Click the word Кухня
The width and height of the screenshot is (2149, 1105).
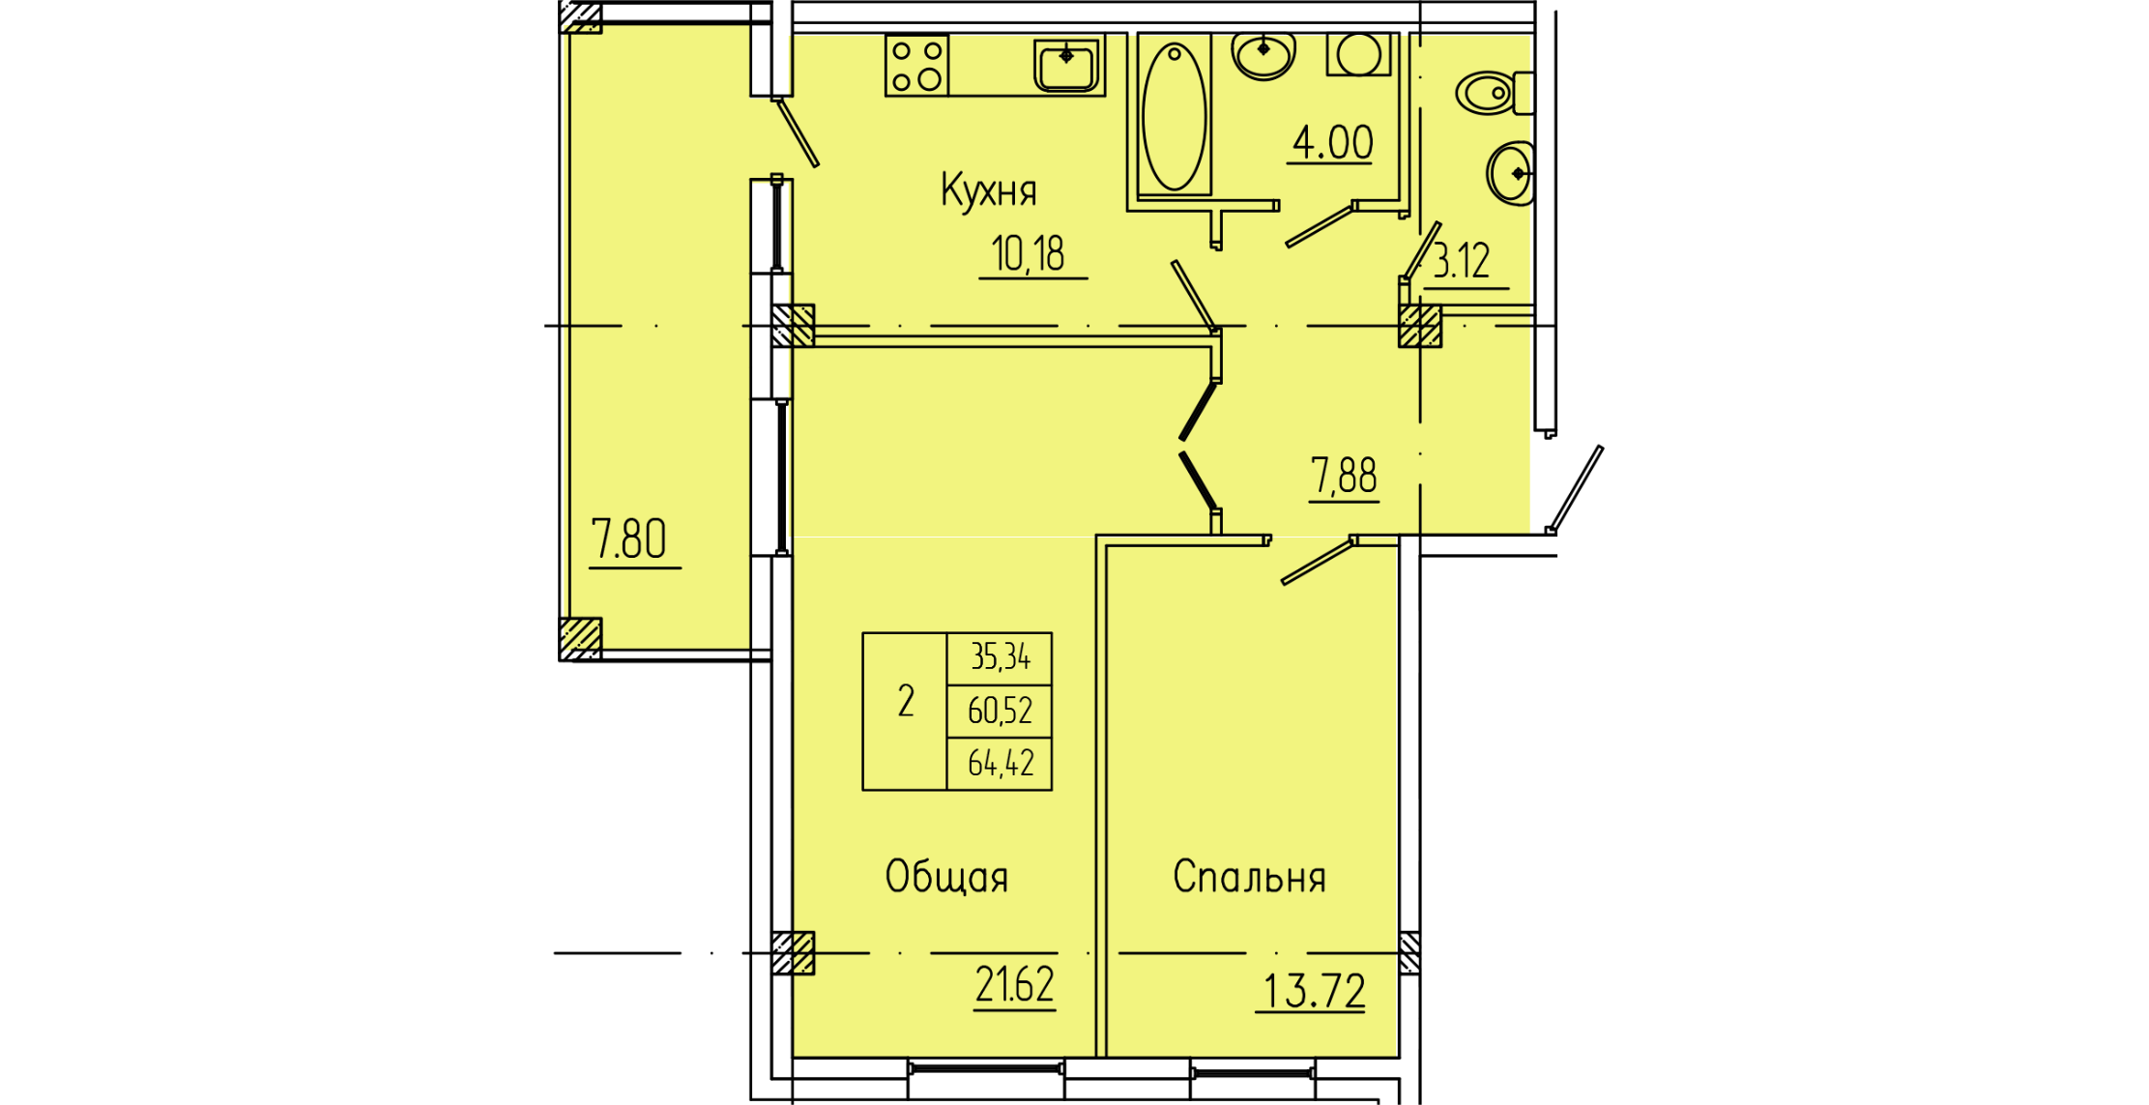tap(988, 190)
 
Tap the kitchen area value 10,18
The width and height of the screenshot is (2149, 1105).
tap(1029, 254)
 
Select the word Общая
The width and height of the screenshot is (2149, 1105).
tap(946, 877)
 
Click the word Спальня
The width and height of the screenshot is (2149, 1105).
tap(1249, 877)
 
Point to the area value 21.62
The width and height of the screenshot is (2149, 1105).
tap(1014, 985)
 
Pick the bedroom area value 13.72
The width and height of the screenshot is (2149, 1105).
tap(1313, 991)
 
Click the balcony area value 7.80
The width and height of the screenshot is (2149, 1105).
tap(628, 539)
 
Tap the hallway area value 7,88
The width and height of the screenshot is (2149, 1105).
tap(1344, 476)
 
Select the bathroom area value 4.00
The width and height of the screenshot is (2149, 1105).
tap(1332, 143)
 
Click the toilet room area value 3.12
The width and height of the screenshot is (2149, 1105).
tap(1462, 261)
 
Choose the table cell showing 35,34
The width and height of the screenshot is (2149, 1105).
tap(1001, 657)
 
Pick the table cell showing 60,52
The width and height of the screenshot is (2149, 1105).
tap(1001, 712)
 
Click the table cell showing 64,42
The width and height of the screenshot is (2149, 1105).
tap(1001, 764)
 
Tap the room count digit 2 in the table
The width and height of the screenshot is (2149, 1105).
tap(906, 702)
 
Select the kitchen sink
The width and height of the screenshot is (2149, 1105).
tap(1066, 65)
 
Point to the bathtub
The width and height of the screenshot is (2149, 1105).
tap(1175, 116)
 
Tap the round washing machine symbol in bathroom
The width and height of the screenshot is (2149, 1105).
tap(1359, 54)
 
